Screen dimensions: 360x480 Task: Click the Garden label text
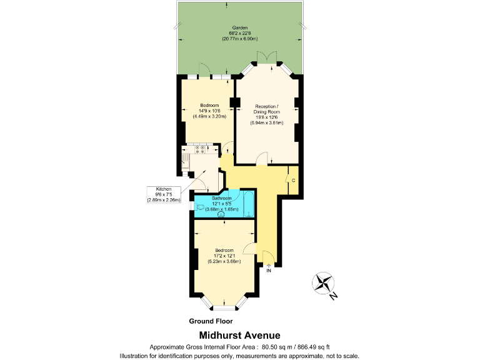click(240, 28)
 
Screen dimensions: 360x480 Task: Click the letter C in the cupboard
click(292, 181)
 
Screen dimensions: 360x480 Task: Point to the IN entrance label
click(269, 271)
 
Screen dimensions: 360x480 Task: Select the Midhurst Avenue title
click(239, 336)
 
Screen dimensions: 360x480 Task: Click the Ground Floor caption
click(211, 321)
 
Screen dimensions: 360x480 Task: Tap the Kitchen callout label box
click(164, 194)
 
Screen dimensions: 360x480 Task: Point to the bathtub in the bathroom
click(247, 206)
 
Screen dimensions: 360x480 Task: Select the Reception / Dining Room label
click(267, 109)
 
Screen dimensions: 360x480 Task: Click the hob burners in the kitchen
click(201, 149)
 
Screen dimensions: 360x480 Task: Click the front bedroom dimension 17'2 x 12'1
click(224, 256)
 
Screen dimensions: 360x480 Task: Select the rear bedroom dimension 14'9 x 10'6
click(209, 111)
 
